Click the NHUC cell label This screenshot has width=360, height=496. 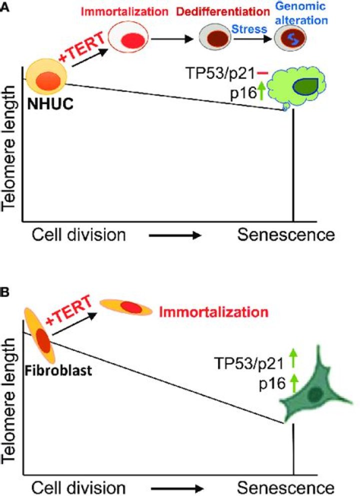(x=50, y=103)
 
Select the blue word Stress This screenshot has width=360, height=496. (x=249, y=29)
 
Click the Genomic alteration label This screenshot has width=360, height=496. (x=301, y=13)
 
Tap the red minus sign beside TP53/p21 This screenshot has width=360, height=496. (x=262, y=73)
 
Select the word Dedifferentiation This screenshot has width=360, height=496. (x=222, y=11)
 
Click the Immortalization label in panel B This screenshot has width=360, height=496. (x=213, y=312)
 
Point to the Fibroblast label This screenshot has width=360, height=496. (x=58, y=370)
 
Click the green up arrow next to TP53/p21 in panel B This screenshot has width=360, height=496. (x=293, y=358)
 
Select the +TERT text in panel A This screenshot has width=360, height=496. (x=81, y=47)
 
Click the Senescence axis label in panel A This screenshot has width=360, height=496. (x=286, y=235)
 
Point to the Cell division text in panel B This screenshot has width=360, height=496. (x=78, y=488)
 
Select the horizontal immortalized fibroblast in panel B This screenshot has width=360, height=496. (x=126, y=307)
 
